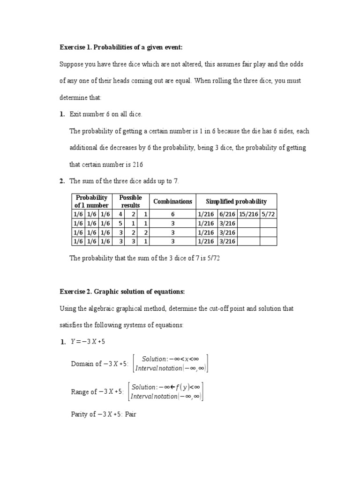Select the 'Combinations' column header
[x=172, y=202]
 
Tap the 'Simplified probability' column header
[x=236, y=202]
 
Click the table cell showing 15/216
[x=248, y=214]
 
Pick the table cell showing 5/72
[x=268, y=214]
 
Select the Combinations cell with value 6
[x=172, y=214]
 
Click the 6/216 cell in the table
[x=227, y=214]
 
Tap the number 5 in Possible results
[x=121, y=224]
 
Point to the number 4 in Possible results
[x=121, y=214]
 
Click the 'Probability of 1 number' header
[x=92, y=202]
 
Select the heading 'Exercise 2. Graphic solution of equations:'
[x=122, y=292]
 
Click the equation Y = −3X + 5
[x=88, y=342]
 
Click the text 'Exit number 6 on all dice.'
[x=105, y=114]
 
